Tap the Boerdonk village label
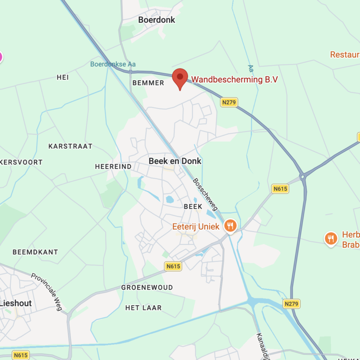tap(156, 20)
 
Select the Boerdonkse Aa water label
tap(113, 64)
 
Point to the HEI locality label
tap(63, 78)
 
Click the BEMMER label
tap(148, 83)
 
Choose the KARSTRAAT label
tap(70, 146)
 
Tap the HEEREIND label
tap(113, 166)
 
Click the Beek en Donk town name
tap(175, 161)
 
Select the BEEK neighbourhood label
tap(193, 206)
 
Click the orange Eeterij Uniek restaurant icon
tap(230, 226)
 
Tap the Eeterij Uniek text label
tap(196, 226)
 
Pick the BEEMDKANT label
tap(35, 252)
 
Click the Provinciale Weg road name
tap(47, 289)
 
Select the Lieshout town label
tap(16, 303)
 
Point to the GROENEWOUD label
tap(147, 287)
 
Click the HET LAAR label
tap(144, 308)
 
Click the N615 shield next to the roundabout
tap(280, 188)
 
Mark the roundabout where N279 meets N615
tap(303, 175)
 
